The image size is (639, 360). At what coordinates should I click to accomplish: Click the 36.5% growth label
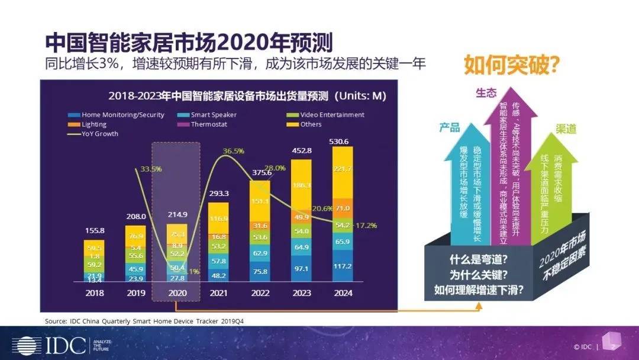tap(233, 152)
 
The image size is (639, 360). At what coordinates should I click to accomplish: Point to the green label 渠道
tap(566, 129)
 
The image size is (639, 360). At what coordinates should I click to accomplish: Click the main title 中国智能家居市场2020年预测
tap(189, 43)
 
